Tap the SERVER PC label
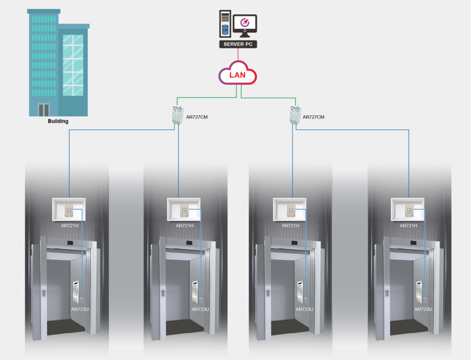(238, 44)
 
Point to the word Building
(58, 121)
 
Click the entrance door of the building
(44, 110)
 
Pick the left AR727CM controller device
(177, 115)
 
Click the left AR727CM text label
(197, 117)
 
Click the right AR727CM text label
(313, 117)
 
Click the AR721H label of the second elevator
(184, 226)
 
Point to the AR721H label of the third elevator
(290, 226)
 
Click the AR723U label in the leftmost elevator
(80, 309)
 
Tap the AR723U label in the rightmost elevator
(423, 309)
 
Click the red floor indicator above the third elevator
(294, 243)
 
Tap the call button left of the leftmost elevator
(44, 293)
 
